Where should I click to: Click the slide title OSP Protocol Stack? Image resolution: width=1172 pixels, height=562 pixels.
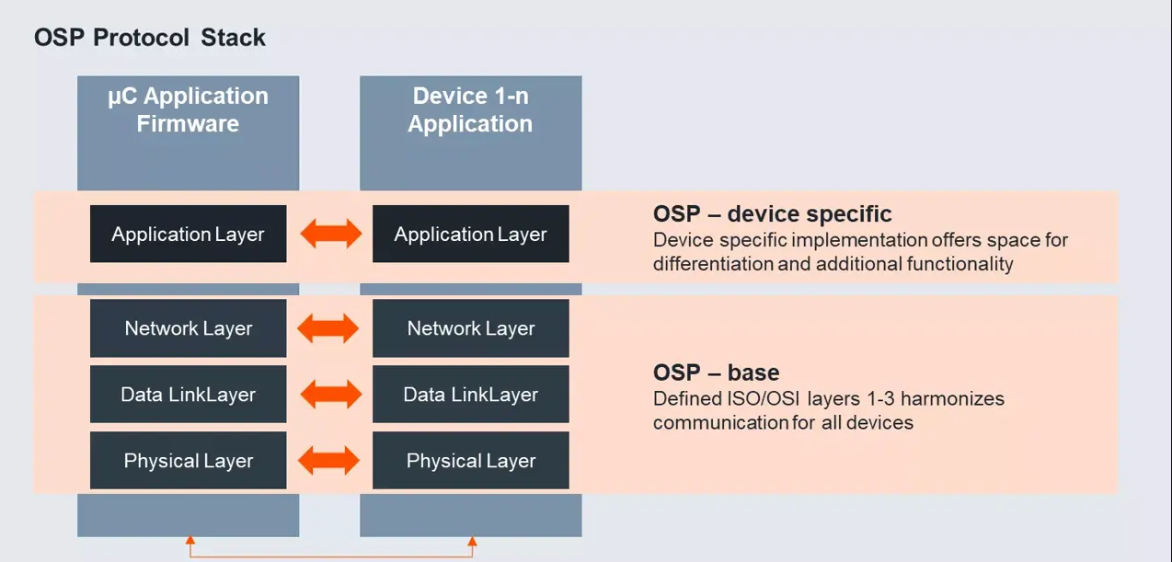click(x=150, y=38)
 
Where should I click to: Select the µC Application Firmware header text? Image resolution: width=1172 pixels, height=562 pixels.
click(x=188, y=109)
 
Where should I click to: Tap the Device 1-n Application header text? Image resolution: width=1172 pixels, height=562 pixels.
click(x=470, y=109)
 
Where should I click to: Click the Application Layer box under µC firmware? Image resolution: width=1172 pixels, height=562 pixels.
click(x=189, y=234)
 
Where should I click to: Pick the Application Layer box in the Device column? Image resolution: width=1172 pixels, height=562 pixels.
click(x=471, y=234)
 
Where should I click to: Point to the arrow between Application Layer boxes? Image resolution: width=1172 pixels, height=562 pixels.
click(x=330, y=234)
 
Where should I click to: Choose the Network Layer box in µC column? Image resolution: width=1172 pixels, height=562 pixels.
click(x=189, y=328)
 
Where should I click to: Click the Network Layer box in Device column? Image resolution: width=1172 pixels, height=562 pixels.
click(x=471, y=328)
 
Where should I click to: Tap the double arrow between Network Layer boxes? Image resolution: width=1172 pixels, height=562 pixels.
click(x=328, y=328)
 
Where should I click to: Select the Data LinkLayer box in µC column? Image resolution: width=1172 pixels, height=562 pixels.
click(x=189, y=394)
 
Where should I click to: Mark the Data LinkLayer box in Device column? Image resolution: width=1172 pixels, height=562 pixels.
click(x=471, y=394)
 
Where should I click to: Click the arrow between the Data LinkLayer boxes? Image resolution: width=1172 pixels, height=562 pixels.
click(x=330, y=394)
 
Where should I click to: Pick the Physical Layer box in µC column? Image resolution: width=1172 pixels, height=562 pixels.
click(x=189, y=461)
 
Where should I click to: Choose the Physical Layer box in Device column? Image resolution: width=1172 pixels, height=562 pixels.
click(x=471, y=461)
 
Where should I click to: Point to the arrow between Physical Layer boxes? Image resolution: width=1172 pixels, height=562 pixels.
click(x=328, y=461)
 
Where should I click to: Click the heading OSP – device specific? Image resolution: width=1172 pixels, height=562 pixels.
click(x=772, y=214)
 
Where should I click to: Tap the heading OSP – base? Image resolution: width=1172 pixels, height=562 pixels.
click(x=717, y=373)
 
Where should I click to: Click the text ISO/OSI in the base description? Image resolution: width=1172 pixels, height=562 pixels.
click(x=764, y=399)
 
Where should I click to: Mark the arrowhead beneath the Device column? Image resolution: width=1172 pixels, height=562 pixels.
click(x=472, y=541)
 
